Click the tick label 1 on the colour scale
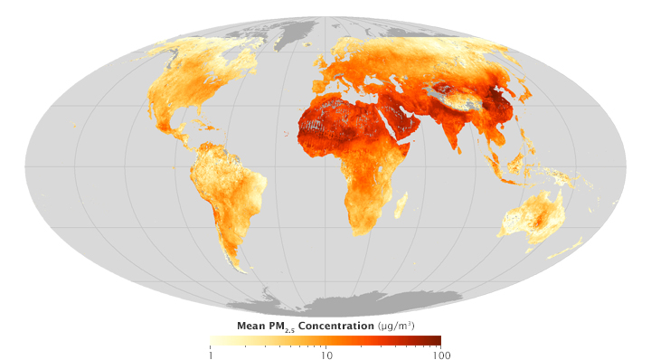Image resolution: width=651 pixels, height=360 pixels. pos(211,355)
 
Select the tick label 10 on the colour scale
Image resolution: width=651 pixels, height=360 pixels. pos(326,355)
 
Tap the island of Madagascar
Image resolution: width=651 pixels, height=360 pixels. pos(400,205)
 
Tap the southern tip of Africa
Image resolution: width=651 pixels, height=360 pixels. pos(358,232)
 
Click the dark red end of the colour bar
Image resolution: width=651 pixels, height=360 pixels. pos(436,341)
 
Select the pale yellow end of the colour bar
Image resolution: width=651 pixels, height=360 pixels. pos(214,341)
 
